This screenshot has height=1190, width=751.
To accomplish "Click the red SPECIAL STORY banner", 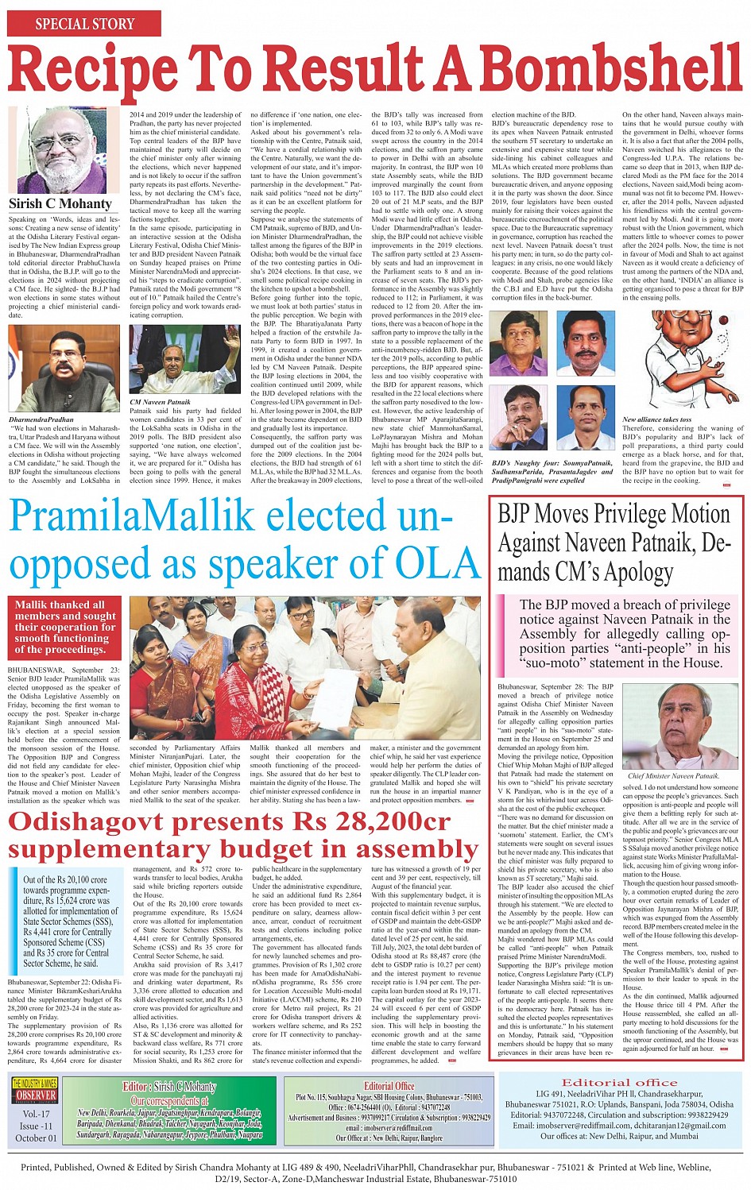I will tap(84, 24).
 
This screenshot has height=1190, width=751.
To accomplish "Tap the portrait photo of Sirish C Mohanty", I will tap(57, 150).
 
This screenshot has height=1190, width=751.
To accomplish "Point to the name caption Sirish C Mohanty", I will tap(60, 203).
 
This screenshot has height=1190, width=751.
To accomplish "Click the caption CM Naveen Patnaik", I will tap(161, 402).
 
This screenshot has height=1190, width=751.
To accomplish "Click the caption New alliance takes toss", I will tap(656, 419).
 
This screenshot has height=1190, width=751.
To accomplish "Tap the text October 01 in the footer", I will tap(36, 1138).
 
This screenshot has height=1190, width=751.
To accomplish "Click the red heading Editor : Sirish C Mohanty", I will tap(168, 1087).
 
